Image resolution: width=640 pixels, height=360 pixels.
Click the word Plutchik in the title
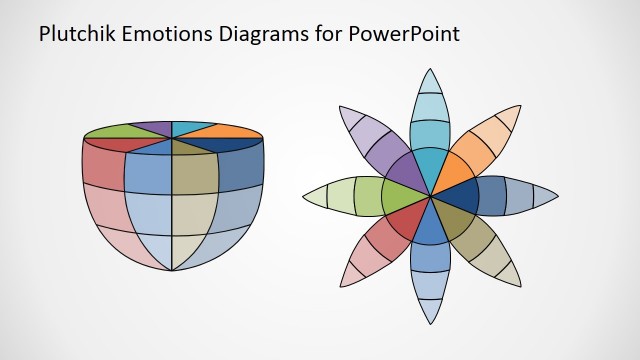pos(71,33)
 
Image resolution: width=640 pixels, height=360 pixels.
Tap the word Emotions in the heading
pos(159,33)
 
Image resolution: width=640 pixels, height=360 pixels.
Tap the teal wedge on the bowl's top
pos(193,126)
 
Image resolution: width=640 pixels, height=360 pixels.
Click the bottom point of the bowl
pos(172,270)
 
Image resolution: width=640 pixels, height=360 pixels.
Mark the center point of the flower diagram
pos(430,195)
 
